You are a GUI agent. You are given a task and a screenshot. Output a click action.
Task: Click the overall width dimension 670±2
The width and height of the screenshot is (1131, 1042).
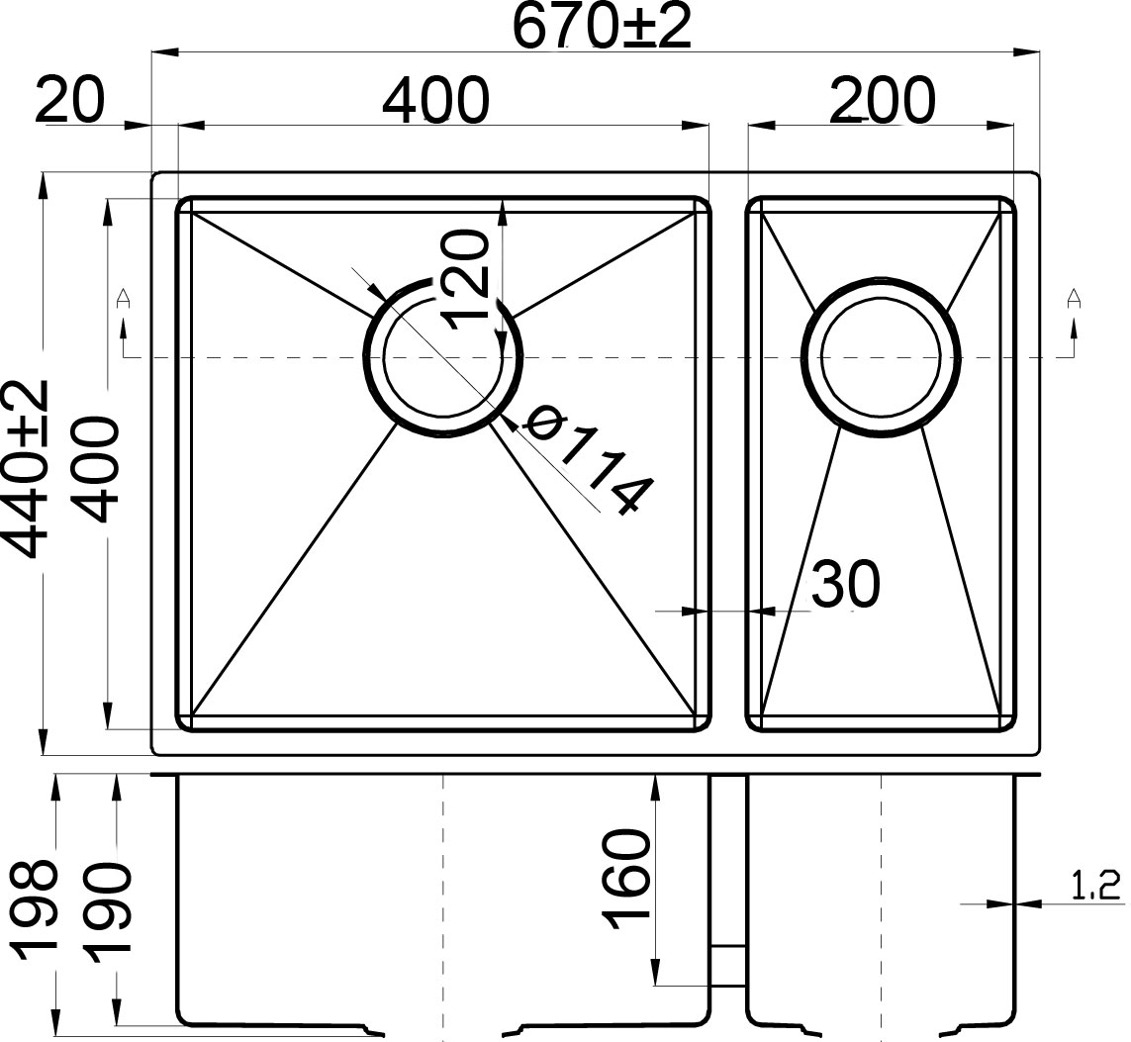point(601,27)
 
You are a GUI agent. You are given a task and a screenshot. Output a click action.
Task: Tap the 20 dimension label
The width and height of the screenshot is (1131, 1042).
point(70,99)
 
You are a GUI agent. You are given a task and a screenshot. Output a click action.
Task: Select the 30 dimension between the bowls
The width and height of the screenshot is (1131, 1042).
point(846,583)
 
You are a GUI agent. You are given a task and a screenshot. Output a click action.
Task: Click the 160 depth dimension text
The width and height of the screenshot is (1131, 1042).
point(626,879)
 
